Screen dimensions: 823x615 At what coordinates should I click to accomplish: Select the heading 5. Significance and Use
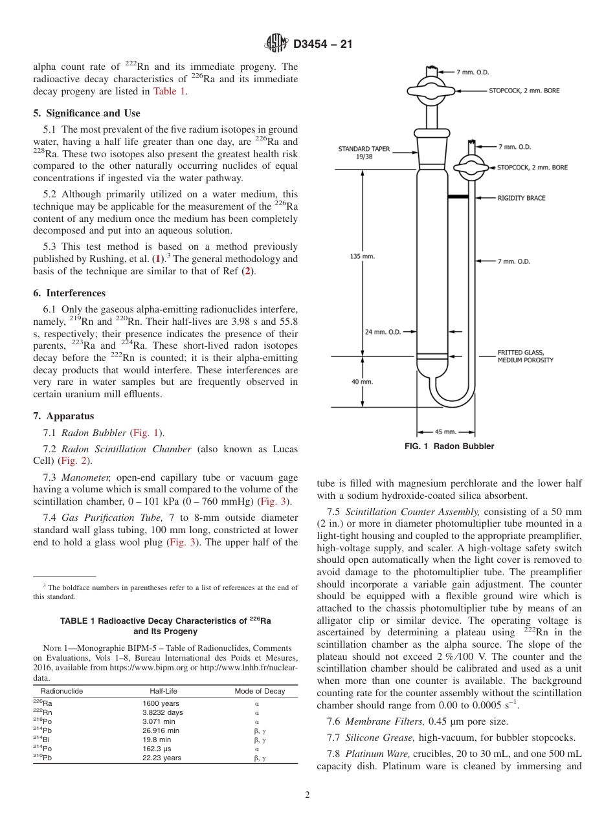tap(87, 113)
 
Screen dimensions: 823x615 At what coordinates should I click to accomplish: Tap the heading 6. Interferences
tap(69, 293)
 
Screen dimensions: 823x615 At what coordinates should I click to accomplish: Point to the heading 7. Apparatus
tap(63, 416)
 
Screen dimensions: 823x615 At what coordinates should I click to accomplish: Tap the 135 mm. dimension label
tap(363, 256)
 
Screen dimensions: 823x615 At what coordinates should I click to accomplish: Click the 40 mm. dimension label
tap(363, 382)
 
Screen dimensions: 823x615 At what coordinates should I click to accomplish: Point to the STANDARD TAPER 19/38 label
tap(364, 152)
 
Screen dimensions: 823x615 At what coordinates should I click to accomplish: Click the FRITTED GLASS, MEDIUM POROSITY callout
tap(525, 357)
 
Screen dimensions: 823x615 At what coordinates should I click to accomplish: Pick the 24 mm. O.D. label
tap(383, 332)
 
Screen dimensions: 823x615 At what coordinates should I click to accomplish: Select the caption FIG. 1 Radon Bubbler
tap(449, 446)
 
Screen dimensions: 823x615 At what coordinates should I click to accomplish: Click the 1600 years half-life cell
tap(161, 703)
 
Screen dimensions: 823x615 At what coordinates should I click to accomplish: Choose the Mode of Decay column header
tap(259, 691)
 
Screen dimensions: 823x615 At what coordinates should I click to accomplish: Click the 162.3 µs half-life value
tap(158, 749)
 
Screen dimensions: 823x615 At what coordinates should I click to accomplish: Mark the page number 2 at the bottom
tap(307, 795)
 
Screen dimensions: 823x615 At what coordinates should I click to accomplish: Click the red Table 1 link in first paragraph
tap(169, 91)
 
